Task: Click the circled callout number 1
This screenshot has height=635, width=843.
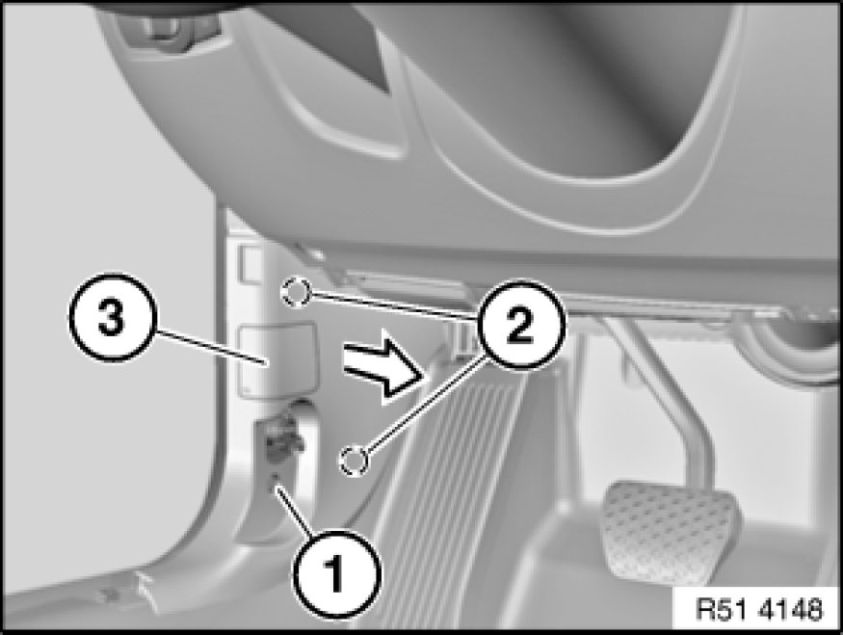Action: point(336,572)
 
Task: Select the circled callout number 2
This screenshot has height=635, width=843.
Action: point(520,325)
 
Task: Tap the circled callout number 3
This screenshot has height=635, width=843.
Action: point(112,318)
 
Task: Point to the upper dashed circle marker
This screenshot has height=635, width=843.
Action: point(295,293)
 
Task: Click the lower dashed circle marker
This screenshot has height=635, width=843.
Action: point(354,461)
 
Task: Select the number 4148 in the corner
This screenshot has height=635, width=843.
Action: point(791,610)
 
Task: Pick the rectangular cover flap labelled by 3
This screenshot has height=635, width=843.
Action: point(277,360)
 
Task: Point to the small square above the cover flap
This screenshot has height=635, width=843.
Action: point(251,264)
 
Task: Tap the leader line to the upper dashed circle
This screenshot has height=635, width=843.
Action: point(393,306)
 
